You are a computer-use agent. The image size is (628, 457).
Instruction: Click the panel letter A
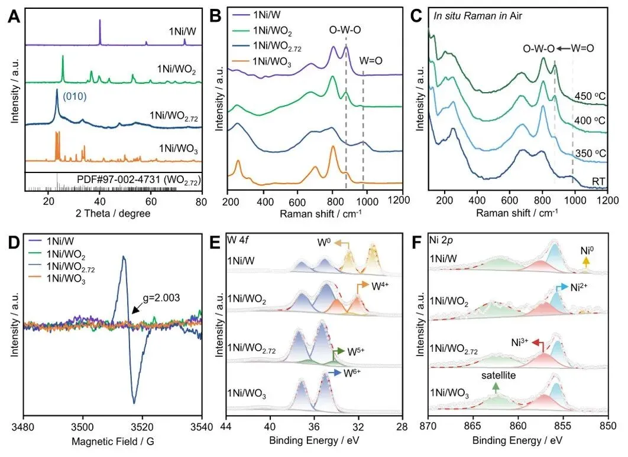(x=15, y=17)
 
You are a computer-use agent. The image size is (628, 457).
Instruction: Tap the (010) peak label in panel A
(x=74, y=92)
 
